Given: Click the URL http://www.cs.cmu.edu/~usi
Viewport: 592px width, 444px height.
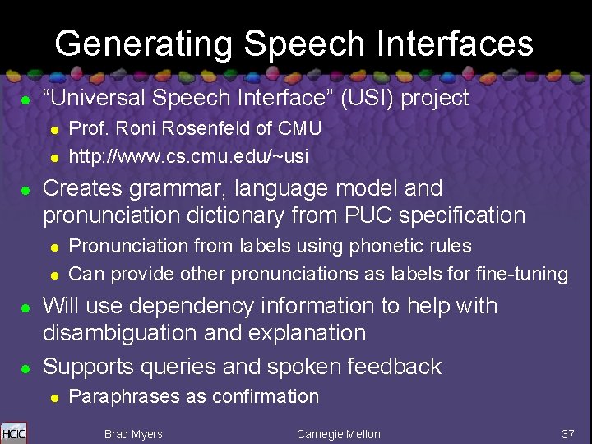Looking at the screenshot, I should (x=188, y=155).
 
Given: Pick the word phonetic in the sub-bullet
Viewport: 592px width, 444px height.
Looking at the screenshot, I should (x=386, y=246).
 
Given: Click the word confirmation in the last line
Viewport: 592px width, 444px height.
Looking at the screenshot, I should (x=266, y=396).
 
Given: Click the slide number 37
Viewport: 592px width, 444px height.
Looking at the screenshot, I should (x=567, y=434).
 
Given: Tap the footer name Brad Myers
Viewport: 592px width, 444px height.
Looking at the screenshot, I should (x=133, y=434).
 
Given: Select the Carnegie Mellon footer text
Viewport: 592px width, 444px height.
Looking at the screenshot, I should (x=338, y=434).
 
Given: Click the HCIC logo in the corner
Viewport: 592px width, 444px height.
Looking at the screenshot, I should (x=14, y=432).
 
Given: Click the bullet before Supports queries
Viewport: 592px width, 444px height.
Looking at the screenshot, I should (x=25, y=367).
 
